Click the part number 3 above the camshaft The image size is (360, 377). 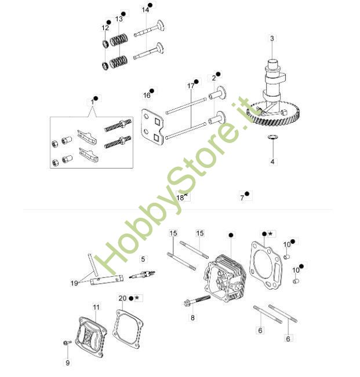pyautogui.click(x=272, y=38)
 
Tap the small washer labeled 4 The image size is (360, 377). pyautogui.click(x=273, y=137)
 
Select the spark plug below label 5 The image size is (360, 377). pyautogui.click(x=142, y=274)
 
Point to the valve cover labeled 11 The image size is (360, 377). pyautogui.click(x=90, y=336)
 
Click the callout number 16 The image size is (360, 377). pyautogui.click(x=147, y=96)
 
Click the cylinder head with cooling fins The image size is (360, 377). pyautogui.click(x=225, y=278)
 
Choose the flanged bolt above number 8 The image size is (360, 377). pyautogui.click(x=197, y=301)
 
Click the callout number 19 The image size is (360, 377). pyautogui.click(x=74, y=283)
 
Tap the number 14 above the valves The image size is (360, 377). pyautogui.click(x=146, y=10)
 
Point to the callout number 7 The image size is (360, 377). pyautogui.click(x=242, y=198)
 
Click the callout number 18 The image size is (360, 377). pyautogui.click(x=180, y=198)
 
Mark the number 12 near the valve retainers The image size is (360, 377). pyautogui.click(x=105, y=28)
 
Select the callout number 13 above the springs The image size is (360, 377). pyautogui.click(x=119, y=19)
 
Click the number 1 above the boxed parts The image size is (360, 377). pyautogui.click(x=92, y=103)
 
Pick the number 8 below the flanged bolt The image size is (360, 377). pyautogui.click(x=192, y=318)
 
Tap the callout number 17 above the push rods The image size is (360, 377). pyautogui.click(x=191, y=86)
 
